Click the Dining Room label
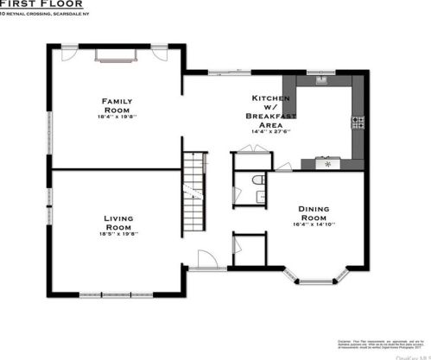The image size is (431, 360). pos(318,213)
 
